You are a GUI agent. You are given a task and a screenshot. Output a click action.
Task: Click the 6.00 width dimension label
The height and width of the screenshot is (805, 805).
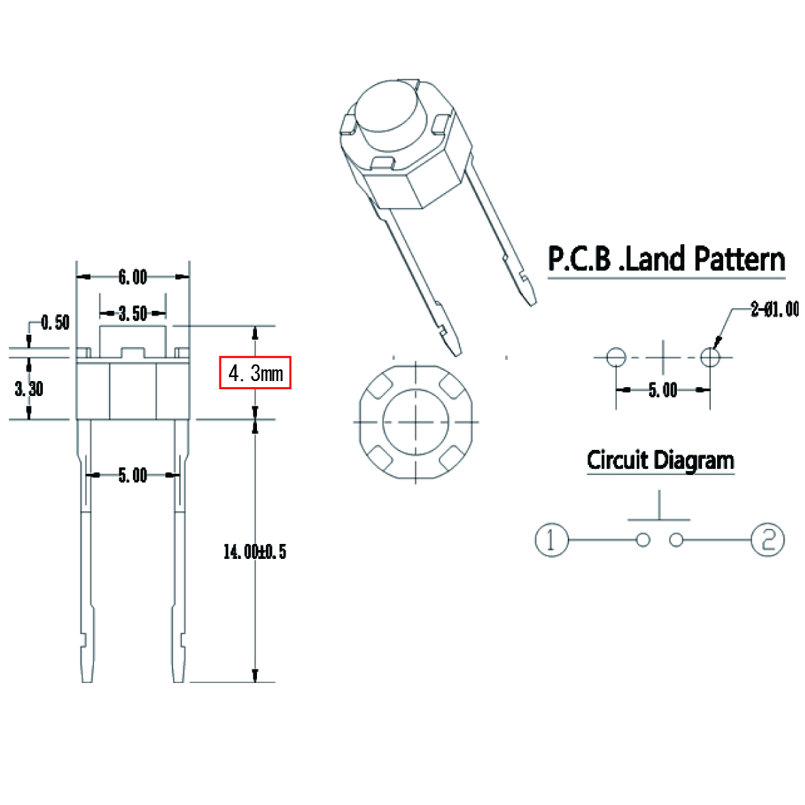tap(132, 277)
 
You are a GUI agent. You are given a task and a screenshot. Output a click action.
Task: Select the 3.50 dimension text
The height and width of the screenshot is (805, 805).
tap(132, 314)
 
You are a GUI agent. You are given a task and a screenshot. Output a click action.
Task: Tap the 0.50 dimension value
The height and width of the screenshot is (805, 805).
tap(55, 322)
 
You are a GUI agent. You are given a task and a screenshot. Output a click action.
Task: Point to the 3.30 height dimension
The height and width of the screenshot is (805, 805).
tap(29, 389)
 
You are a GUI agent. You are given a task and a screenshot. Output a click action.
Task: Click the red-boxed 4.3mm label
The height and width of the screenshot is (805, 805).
tap(255, 373)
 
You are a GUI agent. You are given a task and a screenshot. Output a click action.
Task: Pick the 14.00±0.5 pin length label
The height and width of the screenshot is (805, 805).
tap(254, 551)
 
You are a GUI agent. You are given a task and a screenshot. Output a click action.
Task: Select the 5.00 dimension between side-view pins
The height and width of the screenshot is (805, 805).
tap(132, 475)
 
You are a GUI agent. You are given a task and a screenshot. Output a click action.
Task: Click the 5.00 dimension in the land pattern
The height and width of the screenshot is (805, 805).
tap(663, 390)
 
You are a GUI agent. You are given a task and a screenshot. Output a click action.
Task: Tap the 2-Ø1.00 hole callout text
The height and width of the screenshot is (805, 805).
tap(774, 309)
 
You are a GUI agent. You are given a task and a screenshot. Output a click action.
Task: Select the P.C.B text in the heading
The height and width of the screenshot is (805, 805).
tap(579, 260)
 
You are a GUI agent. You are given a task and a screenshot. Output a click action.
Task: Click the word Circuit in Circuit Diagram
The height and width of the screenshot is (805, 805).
tap(618, 460)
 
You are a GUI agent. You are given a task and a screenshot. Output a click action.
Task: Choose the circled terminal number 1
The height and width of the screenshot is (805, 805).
tap(551, 540)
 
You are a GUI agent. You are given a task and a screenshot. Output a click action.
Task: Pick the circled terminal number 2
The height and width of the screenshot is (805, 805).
tap(768, 540)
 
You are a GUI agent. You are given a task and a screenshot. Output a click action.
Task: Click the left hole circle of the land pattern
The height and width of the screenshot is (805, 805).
tap(616, 356)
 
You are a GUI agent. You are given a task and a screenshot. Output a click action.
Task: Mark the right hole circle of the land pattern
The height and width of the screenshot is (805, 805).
tap(710, 356)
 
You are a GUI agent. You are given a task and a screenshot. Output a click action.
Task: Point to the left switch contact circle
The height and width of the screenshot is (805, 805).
tap(643, 540)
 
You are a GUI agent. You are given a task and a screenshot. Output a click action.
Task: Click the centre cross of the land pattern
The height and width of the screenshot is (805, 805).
tap(663, 356)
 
